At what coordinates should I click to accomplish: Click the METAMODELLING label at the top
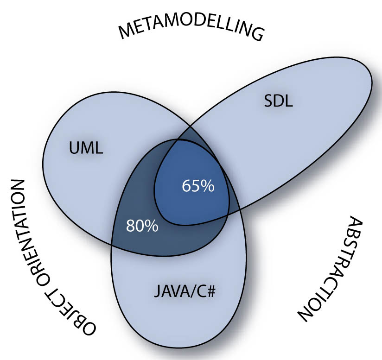[191, 31]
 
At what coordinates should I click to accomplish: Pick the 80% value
[142, 227]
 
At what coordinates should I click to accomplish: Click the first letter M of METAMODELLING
[127, 33]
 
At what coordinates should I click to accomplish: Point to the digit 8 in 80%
[131, 227]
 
